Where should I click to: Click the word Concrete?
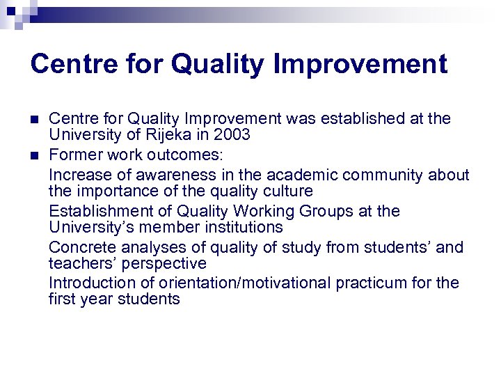78,248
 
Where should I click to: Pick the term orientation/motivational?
241,283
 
